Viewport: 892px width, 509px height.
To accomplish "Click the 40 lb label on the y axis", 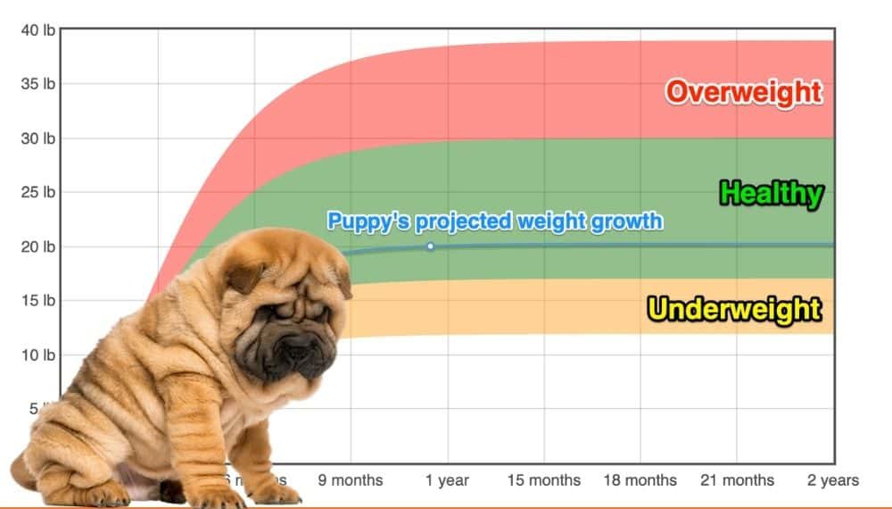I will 38,30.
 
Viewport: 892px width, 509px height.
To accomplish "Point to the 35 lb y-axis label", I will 38,84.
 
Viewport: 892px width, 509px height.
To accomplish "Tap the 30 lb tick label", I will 38,138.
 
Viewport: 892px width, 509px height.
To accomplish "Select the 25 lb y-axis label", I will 38,192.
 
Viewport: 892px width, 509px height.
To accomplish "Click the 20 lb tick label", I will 38,246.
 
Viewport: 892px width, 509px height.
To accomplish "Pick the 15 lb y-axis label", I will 38,301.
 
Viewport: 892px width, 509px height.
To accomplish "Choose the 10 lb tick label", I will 38,355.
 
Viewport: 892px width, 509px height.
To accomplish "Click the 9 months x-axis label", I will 351,480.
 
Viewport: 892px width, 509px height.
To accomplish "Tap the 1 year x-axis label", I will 447,480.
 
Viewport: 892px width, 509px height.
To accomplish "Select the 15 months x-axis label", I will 543,480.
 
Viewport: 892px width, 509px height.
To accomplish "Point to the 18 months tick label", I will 640,480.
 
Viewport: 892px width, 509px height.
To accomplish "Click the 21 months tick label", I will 736,480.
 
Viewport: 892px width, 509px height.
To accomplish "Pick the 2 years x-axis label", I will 833,480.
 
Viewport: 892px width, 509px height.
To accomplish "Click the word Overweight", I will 743,92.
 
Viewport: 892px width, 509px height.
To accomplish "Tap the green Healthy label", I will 771,193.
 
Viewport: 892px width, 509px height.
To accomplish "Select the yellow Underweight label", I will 734,309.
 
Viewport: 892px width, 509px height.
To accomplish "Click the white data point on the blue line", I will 430,246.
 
